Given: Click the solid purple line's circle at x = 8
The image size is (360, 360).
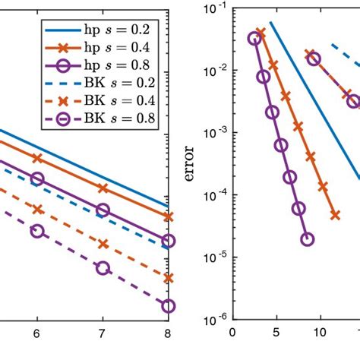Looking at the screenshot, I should point(168,241).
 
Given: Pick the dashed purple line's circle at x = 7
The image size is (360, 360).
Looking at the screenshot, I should point(103,267).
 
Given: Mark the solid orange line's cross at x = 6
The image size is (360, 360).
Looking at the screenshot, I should point(36,158).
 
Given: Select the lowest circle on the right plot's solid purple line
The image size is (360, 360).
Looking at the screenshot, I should point(307,238).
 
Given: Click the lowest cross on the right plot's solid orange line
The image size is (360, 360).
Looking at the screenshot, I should point(335,215).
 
